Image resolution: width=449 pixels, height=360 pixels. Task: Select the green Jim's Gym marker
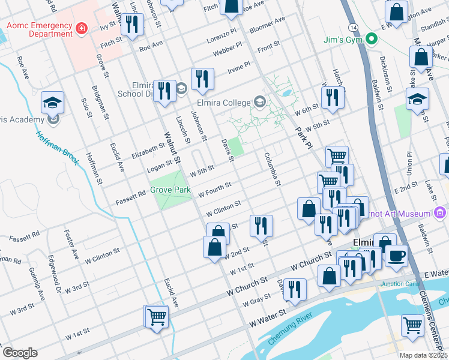click(x=372, y=40)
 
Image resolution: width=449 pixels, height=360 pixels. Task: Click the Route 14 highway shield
click(x=352, y=28)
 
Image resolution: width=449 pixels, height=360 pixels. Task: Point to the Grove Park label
click(x=170, y=190)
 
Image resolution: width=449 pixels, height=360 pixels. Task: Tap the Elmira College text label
click(x=224, y=101)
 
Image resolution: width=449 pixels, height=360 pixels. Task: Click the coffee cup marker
click(x=396, y=255)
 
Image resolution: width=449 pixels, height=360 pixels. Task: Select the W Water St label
click(x=268, y=311)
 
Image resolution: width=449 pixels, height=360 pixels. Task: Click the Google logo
click(x=20, y=353)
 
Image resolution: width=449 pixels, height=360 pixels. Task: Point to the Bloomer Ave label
click(x=267, y=24)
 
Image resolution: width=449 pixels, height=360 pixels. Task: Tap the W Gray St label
click(x=256, y=301)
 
